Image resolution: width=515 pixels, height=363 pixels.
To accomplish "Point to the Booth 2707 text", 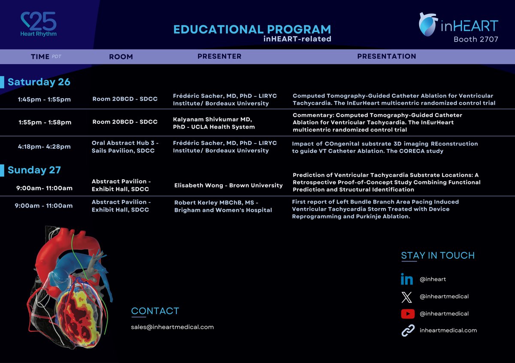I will click(x=476, y=39).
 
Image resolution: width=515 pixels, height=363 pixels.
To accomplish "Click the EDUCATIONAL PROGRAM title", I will click(x=252, y=30).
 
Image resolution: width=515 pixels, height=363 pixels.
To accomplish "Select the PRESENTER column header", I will click(x=219, y=56).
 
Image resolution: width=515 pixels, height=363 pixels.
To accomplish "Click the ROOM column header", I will click(x=121, y=57).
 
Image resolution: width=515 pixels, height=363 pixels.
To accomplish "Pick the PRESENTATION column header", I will click(x=386, y=56).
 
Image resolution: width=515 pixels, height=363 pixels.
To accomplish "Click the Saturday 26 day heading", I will click(x=39, y=82).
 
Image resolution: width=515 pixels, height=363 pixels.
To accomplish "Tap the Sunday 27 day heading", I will click(x=34, y=170).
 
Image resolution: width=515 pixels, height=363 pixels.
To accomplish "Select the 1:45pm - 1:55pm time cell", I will click(x=44, y=100).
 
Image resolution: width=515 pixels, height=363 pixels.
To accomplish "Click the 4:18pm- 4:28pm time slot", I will click(x=44, y=147).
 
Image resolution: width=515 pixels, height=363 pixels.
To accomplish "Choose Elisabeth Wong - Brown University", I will click(x=228, y=185).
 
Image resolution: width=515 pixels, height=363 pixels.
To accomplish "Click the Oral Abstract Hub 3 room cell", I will click(x=125, y=147).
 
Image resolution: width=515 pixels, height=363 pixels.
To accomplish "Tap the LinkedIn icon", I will click(x=407, y=279).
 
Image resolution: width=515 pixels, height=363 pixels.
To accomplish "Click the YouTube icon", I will click(x=407, y=314).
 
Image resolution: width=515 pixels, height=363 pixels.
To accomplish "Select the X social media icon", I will click(x=407, y=296).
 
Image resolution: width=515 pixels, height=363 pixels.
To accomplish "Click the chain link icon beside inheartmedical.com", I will click(x=407, y=330).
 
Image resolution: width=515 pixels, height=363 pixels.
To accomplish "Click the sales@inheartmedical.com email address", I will click(x=172, y=327).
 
